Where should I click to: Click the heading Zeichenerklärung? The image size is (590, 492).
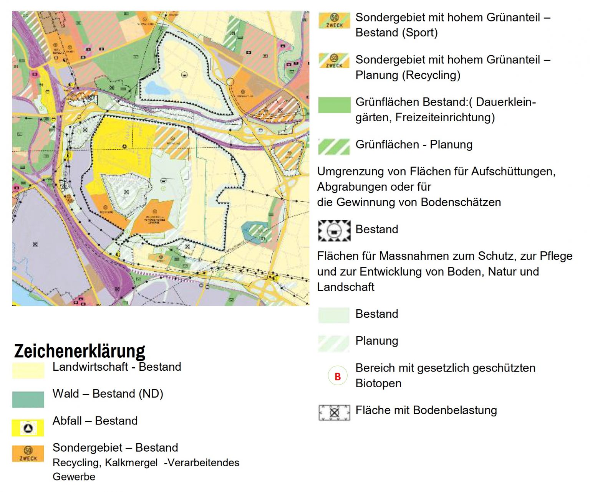(x=80, y=351)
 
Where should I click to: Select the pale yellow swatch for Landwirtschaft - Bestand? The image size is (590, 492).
(x=28, y=370)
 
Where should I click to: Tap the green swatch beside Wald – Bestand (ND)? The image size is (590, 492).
(x=28, y=399)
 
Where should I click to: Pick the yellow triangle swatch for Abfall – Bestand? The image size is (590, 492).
(x=28, y=428)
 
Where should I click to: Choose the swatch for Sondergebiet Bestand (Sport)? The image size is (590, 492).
(x=334, y=20)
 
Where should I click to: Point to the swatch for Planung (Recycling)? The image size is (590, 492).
(x=334, y=61)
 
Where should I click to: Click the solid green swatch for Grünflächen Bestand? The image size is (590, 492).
(x=334, y=105)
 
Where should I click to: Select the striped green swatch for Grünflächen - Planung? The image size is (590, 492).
(x=334, y=147)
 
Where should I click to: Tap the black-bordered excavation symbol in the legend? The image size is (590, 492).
(x=334, y=230)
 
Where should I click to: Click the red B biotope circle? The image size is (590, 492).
(x=338, y=376)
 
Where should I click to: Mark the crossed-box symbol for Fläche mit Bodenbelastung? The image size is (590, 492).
(x=334, y=413)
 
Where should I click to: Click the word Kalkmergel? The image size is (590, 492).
(x=131, y=463)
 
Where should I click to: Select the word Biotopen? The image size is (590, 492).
(x=378, y=383)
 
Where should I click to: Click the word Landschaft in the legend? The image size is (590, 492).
(x=346, y=287)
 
